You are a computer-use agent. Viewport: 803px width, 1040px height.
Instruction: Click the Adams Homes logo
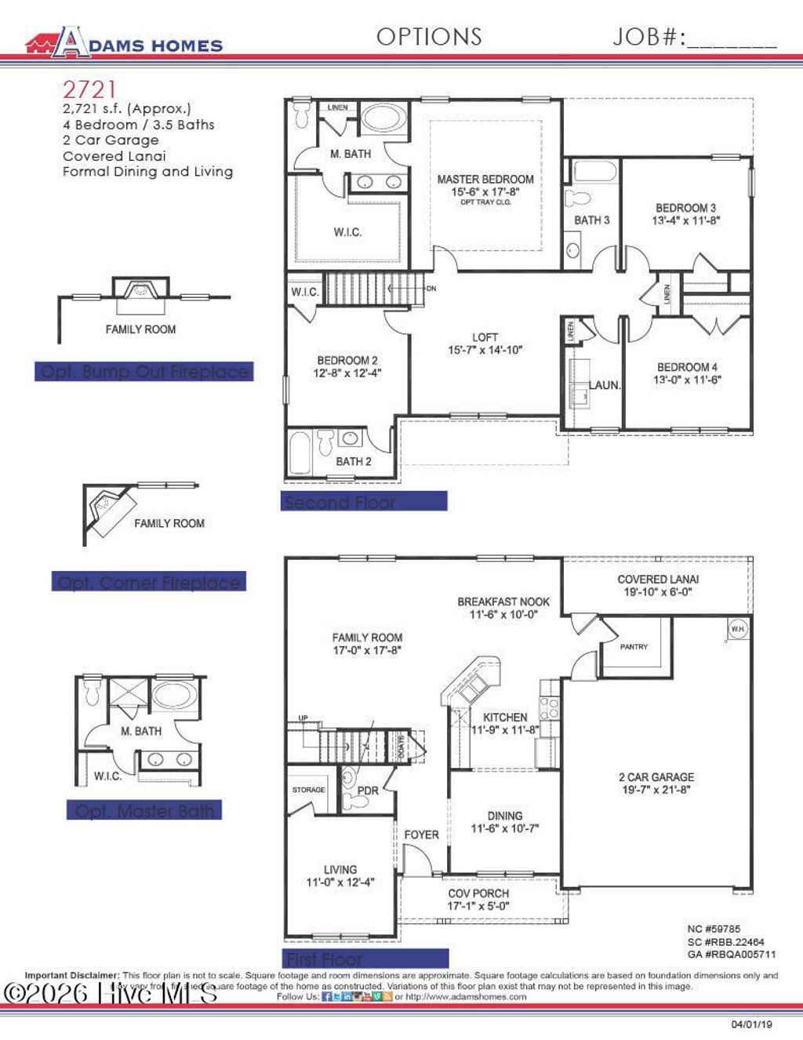click(x=124, y=42)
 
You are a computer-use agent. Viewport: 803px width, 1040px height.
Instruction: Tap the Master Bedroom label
click(x=485, y=180)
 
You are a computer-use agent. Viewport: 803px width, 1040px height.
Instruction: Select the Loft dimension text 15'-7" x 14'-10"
click(x=485, y=350)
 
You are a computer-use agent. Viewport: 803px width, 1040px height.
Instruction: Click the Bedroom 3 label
click(x=685, y=208)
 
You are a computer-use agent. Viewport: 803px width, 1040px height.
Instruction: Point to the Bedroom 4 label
click(x=687, y=367)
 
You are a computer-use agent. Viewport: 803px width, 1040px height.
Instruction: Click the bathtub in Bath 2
click(x=300, y=453)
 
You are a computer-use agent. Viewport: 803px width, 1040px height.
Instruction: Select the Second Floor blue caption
click(x=364, y=502)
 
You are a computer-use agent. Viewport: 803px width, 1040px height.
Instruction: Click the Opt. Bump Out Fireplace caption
click(x=144, y=372)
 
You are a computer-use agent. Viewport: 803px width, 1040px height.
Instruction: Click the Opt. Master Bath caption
click(x=144, y=811)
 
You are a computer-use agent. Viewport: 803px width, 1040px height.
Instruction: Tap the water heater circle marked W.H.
click(x=737, y=628)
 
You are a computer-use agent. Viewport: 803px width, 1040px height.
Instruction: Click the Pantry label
click(x=634, y=647)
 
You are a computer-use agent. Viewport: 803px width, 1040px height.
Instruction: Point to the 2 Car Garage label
click(x=656, y=777)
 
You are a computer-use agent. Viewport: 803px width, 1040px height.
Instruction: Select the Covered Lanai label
click(x=658, y=580)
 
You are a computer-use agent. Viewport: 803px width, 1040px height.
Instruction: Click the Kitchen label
click(x=505, y=717)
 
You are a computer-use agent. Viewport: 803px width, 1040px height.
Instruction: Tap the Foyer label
click(x=421, y=835)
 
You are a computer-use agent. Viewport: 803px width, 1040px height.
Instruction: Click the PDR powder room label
click(x=368, y=791)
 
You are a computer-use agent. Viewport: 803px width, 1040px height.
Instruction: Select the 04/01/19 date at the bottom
click(x=751, y=1024)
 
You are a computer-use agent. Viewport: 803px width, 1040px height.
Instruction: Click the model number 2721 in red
click(x=89, y=90)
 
